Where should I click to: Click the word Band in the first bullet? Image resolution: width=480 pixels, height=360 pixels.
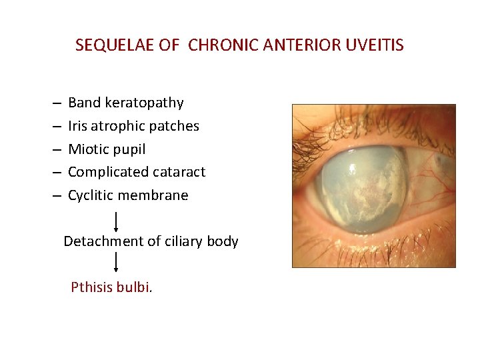tap(83, 103)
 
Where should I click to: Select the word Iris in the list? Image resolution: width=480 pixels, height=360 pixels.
tap(77, 126)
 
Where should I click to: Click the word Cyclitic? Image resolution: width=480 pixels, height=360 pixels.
tap(91, 195)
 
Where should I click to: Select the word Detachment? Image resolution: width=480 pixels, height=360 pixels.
tap(97, 241)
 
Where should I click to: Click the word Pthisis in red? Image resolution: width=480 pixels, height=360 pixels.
tap(91, 287)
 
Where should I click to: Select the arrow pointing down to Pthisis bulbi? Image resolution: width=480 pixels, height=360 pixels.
tap(117, 262)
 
